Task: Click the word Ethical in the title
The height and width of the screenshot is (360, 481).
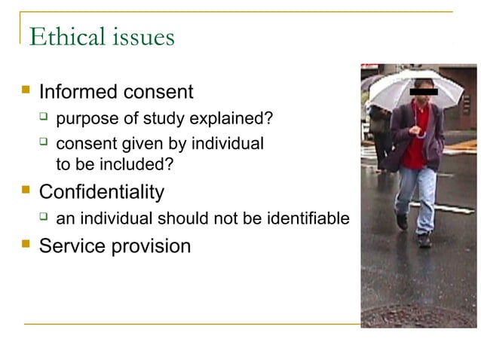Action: click(63, 37)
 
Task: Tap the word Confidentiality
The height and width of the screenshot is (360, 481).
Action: click(101, 192)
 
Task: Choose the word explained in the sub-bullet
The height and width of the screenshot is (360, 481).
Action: click(231, 118)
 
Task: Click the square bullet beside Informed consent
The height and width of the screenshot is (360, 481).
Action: click(26, 90)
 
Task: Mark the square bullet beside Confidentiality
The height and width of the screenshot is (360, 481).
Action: click(26, 190)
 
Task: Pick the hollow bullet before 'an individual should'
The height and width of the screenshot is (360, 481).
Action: click(44, 217)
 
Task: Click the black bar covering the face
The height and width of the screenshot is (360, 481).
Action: click(423, 92)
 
